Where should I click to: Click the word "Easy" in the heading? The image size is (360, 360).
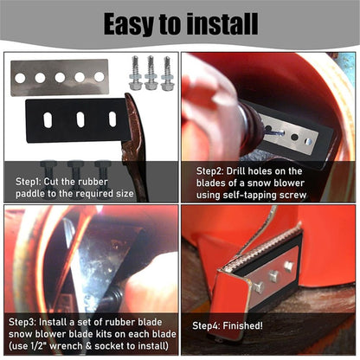[x=129, y=25]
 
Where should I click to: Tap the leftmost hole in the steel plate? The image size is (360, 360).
[x=20, y=78]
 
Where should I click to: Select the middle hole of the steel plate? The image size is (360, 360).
[x=60, y=78]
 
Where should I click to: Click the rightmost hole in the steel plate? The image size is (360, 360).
[x=100, y=77]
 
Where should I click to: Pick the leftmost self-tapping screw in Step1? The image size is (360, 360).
[x=134, y=74]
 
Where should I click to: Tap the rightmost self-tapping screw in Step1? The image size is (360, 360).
[x=168, y=74]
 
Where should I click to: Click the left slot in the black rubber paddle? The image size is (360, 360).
[x=48, y=120]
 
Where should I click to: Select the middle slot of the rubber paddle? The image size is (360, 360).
[x=80, y=119]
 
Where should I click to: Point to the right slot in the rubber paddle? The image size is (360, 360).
[x=112, y=119]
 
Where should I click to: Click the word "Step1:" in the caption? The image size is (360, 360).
[x=29, y=182]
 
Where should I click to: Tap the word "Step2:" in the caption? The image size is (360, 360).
[x=209, y=171]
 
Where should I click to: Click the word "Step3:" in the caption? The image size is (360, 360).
[x=22, y=322]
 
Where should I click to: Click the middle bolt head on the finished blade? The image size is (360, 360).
[x=273, y=276]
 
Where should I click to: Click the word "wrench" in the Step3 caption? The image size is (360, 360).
[x=66, y=346]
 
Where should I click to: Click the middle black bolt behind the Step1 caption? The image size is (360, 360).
[x=75, y=179]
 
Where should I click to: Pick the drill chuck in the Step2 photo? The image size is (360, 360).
[x=252, y=127]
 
